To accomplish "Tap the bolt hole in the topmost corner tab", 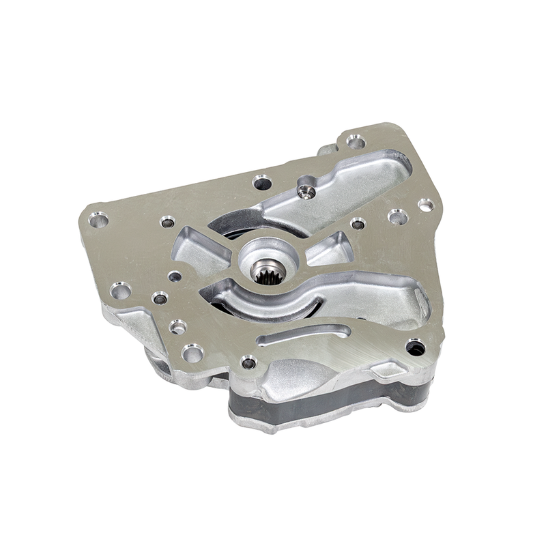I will coord(355,141).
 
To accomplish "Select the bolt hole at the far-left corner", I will coord(98,220).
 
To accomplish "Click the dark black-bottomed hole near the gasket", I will coord(415,347).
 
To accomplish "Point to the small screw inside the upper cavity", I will coord(308,192).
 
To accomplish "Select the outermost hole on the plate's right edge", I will coord(426,205).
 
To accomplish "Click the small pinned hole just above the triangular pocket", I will coord(358,223).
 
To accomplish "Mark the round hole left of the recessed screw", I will coord(262,182).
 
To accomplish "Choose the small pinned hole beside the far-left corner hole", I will coord(167,222).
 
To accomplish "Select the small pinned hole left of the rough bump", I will coord(248,362).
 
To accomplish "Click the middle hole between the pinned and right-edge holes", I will coord(397,217).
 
